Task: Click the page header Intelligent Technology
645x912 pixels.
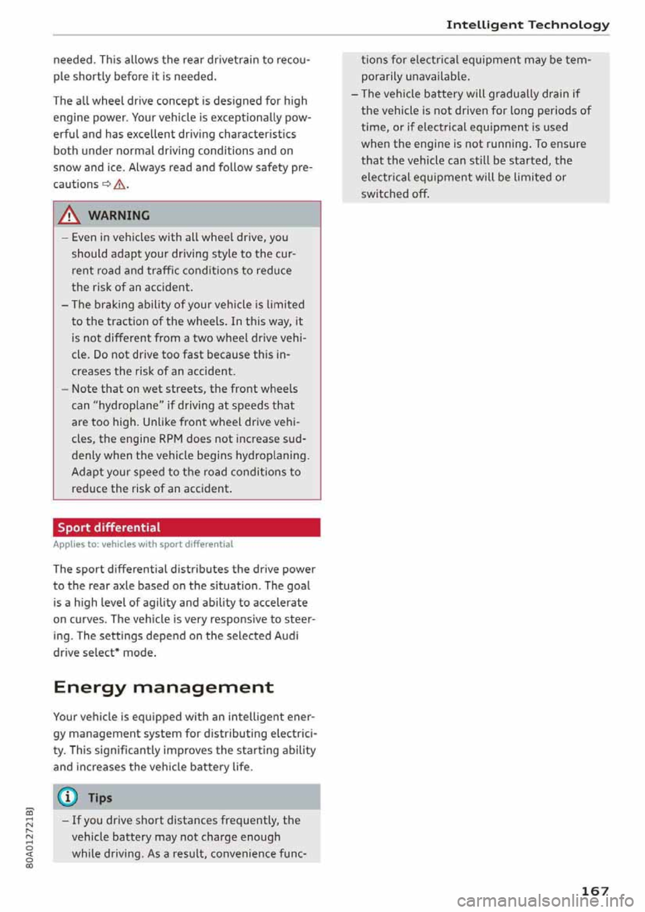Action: click(x=527, y=25)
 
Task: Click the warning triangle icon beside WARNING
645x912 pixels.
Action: click(x=69, y=216)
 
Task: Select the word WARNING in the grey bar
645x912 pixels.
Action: click(x=119, y=216)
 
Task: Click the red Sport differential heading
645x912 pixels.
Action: click(x=109, y=527)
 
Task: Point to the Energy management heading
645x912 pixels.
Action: click(x=163, y=687)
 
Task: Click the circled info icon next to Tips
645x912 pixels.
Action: click(x=68, y=797)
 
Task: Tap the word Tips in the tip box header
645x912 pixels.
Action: click(x=99, y=798)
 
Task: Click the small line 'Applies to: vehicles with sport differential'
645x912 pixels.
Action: click(x=143, y=544)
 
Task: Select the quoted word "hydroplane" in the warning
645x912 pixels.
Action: click(x=125, y=406)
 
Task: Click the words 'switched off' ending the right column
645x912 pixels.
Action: click(x=395, y=194)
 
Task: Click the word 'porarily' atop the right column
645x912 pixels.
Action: click(x=381, y=77)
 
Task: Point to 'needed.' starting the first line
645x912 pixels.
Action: click(x=75, y=60)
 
